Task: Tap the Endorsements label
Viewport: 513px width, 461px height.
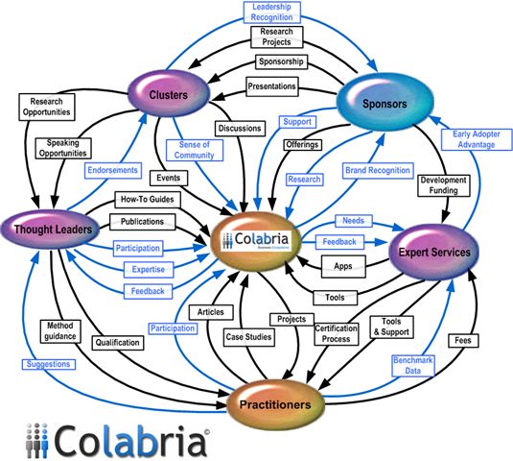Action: pos(112,168)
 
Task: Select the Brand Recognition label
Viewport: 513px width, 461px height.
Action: pos(378,171)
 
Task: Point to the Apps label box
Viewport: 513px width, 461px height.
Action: pos(341,265)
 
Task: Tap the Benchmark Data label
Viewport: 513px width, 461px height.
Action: pos(413,366)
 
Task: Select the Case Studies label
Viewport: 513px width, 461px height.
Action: pos(248,337)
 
